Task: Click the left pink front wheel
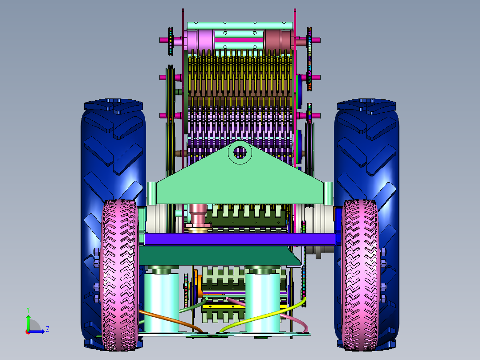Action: [x=119, y=275]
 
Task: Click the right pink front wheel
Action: [x=360, y=275]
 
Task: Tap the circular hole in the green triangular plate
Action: [x=240, y=152]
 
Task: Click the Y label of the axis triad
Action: [x=28, y=310]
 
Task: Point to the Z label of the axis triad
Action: [x=48, y=329]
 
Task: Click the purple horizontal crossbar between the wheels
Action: [x=240, y=239]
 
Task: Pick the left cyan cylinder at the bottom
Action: [x=162, y=302]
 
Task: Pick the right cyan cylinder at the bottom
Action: [x=263, y=302]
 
